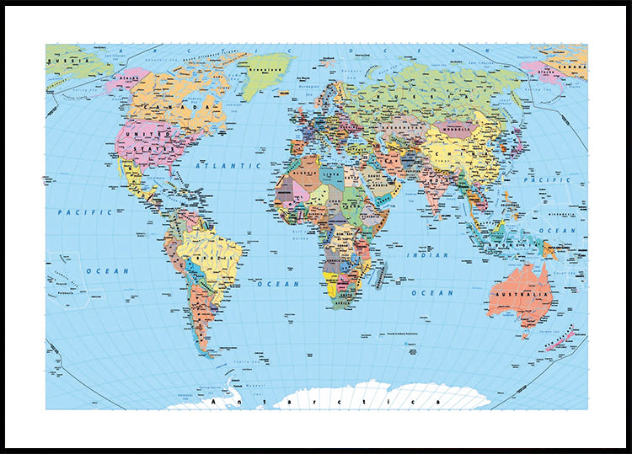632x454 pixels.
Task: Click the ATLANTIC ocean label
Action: point(217,166)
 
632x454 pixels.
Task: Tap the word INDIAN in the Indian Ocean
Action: point(427,254)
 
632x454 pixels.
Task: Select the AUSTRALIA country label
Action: point(517,293)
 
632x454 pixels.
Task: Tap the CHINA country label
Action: point(456,152)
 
